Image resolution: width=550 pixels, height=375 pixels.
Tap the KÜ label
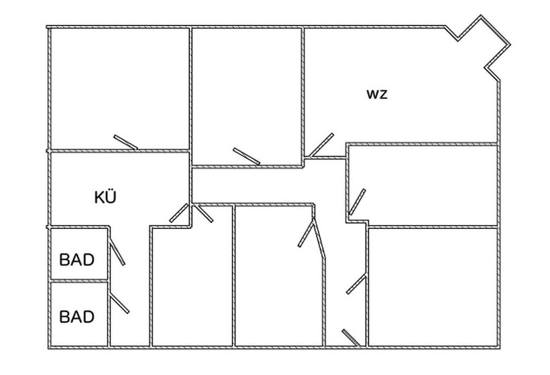point(105,197)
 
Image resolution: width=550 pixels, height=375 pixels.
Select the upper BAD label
point(77,259)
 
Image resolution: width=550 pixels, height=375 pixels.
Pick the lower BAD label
point(77,316)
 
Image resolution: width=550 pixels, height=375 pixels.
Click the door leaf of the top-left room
point(125,143)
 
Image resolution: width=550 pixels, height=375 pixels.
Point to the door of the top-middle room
point(246,155)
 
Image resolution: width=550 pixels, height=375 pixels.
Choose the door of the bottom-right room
point(356,284)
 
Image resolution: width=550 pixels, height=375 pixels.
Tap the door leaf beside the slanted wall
point(307,232)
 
